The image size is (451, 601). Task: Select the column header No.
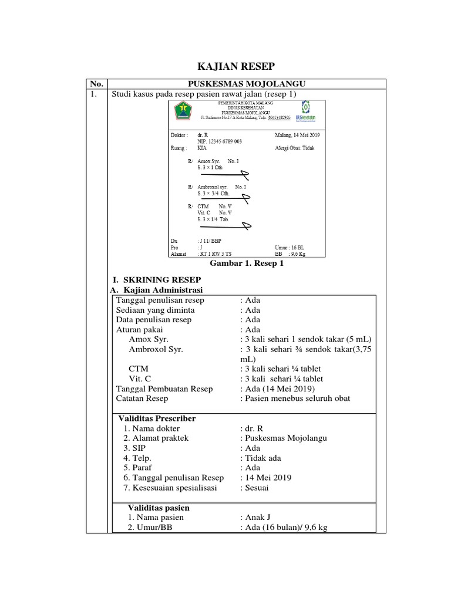[x=93, y=84]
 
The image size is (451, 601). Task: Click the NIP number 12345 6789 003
[x=220, y=141]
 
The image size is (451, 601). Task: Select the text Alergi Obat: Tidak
[x=295, y=148]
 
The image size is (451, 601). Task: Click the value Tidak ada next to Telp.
[x=261, y=458]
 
